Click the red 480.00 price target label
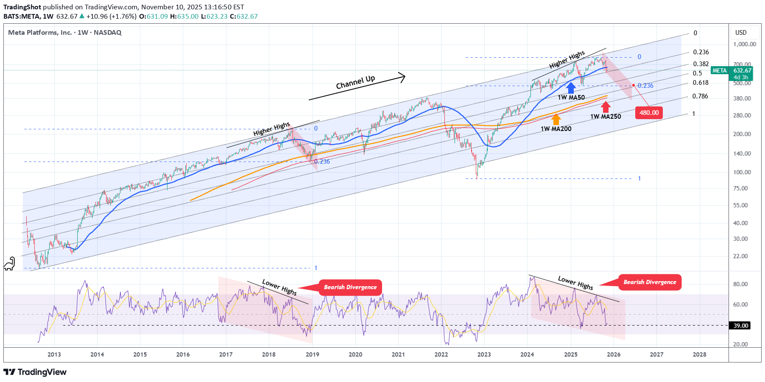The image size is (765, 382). point(649,113)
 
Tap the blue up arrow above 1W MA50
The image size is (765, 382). point(571,88)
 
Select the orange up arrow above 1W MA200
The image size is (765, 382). point(556,120)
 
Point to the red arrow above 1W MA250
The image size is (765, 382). point(606,107)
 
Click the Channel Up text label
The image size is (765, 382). point(355,82)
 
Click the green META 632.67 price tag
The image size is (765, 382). point(732,73)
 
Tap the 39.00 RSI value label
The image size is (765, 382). point(740,326)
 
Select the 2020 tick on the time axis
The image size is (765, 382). point(355,354)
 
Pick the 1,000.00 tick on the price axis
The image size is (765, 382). point(744,44)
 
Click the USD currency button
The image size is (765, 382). point(741,33)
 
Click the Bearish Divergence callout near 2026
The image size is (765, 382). point(650,282)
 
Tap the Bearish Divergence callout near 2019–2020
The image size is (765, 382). point(350,287)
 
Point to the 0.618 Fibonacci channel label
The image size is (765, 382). point(701,83)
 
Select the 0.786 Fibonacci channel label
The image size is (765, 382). point(700,96)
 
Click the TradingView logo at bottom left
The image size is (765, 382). point(35,372)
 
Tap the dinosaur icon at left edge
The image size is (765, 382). point(9,264)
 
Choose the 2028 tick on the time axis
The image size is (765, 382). point(699,354)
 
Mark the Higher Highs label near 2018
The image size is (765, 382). point(271,129)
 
